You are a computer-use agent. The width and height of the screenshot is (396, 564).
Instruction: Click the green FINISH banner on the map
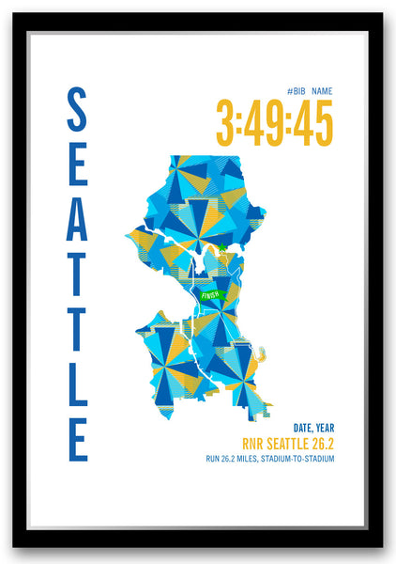coord(211,295)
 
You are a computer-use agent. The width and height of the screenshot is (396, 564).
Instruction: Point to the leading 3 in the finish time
coord(227,123)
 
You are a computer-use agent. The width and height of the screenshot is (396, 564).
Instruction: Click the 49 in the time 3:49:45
coord(266,123)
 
